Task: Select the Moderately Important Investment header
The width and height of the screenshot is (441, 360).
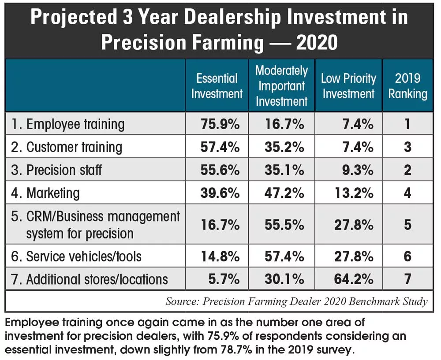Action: tap(281, 86)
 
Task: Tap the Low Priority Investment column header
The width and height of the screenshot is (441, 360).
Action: tap(348, 86)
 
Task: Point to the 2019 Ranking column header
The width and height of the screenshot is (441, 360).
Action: tap(407, 86)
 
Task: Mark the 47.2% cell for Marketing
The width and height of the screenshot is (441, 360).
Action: tap(284, 193)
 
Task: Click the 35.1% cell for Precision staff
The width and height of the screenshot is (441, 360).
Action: tap(284, 170)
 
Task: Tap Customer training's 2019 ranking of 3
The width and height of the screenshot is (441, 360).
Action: tap(407, 147)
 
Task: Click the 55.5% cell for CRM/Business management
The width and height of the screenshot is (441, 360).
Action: tap(284, 225)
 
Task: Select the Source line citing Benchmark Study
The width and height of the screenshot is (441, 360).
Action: tap(296, 302)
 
